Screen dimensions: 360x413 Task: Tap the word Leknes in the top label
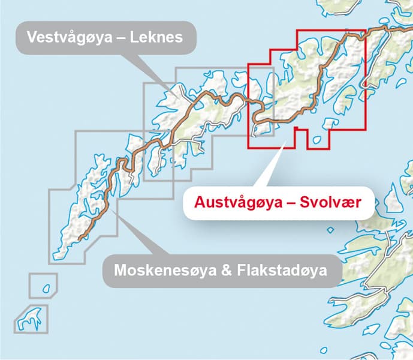click(160, 38)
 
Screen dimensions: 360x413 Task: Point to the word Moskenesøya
click(162, 271)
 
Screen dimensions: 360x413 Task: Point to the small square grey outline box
click(43, 284)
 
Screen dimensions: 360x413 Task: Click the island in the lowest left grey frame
click(30, 318)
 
